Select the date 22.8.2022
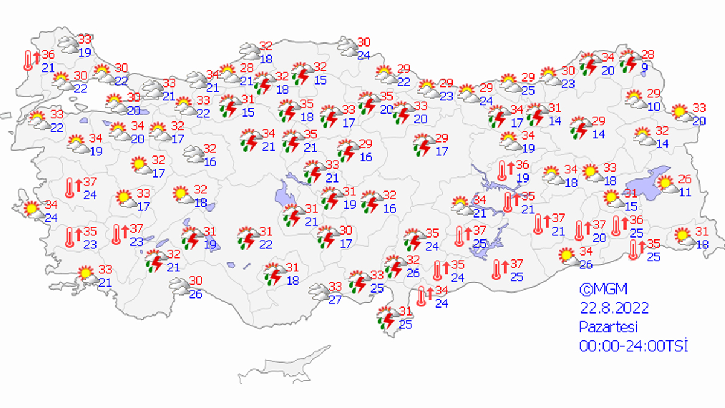tap(614, 308)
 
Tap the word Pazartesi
tap(608, 327)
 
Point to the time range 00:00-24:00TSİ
tap(633, 346)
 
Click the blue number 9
tap(644, 68)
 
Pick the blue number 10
tap(654, 106)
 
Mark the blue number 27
tap(335, 299)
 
